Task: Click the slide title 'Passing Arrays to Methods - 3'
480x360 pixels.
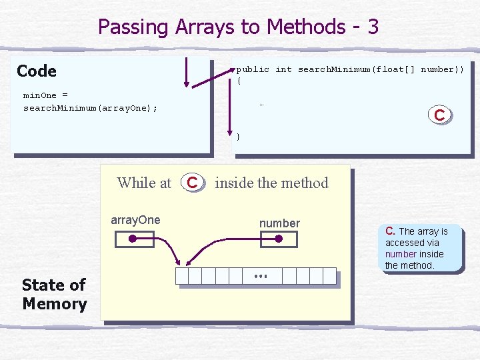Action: point(239,27)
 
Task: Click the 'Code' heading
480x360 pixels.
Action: point(37,71)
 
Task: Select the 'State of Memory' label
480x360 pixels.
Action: point(54,294)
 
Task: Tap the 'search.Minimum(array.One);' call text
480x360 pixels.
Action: point(91,108)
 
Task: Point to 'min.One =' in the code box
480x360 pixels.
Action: point(45,95)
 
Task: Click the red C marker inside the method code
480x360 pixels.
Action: point(439,115)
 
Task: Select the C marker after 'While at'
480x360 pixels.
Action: point(192,182)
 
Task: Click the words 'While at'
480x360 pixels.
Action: point(144,183)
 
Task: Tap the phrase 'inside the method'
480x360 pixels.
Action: point(272,183)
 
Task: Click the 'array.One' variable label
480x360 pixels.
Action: point(135,220)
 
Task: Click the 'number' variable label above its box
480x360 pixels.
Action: point(279,223)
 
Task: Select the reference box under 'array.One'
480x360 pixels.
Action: point(133,239)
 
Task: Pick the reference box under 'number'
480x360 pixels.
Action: point(278,239)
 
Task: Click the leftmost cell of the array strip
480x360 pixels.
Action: point(181,276)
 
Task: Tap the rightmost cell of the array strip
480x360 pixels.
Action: point(329,276)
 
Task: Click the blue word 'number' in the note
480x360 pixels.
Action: point(401,254)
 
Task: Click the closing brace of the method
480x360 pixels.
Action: point(239,137)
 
